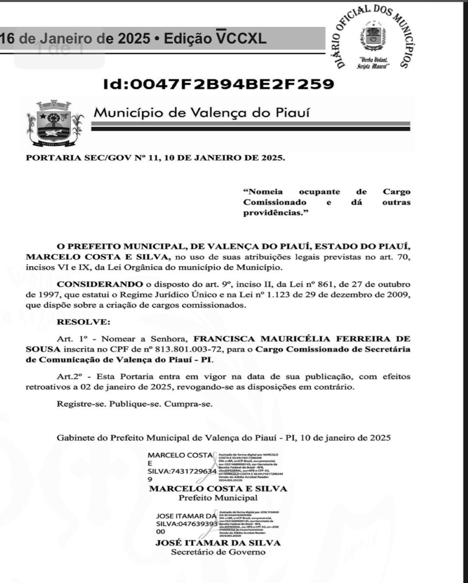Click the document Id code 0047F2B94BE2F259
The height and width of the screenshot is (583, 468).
pyautogui.click(x=219, y=84)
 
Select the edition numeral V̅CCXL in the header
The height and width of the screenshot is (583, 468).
pyautogui.click(x=241, y=39)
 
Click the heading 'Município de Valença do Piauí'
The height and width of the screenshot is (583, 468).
pyautogui.click(x=201, y=113)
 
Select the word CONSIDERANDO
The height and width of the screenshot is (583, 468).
pyautogui.click(x=100, y=284)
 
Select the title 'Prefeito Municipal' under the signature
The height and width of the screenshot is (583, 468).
pyautogui.click(x=218, y=498)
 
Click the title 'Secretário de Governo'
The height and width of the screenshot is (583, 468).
pyautogui.click(x=218, y=552)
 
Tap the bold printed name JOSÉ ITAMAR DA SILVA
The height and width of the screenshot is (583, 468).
pyautogui.click(x=218, y=543)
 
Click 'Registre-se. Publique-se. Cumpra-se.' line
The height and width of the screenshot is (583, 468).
pyautogui.click(x=135, y=404)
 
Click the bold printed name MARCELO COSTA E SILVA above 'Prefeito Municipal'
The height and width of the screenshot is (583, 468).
pyautogui.click(x=218, y=489)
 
